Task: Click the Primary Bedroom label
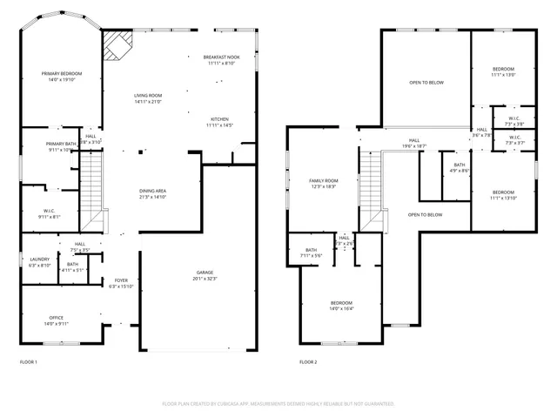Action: click(62, 76)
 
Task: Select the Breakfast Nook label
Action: click(221, 59)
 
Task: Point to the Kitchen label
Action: click(219, 122)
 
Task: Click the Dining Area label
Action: click(153, 193)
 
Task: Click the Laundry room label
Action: click(39, 261)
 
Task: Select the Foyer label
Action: click(121, 283)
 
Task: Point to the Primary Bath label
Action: click(61, 146)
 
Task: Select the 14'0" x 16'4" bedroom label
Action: click(339, 305)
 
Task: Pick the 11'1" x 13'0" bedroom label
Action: click(503, 71)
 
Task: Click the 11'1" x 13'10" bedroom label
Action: click(503, 194)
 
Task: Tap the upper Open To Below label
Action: click(426, 83)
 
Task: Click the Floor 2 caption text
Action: click(309, 361)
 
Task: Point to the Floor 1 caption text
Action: click(29, 361)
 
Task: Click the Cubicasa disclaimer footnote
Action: click(278, 403)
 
